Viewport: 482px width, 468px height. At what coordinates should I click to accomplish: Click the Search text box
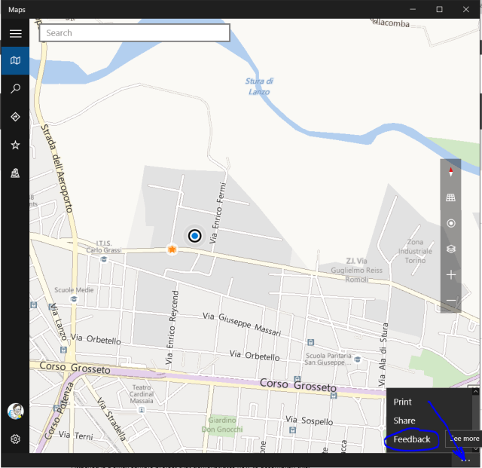tap(134, 33)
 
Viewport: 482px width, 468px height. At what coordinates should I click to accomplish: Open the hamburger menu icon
tap(15, 34)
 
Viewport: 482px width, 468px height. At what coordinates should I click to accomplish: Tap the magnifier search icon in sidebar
tap(15, 89)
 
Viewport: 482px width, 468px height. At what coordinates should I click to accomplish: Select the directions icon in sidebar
tap(15, 117)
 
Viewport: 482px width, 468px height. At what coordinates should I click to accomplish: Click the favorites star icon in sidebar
tap(15, 145)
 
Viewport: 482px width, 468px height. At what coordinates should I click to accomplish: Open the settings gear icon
tap(15, 439)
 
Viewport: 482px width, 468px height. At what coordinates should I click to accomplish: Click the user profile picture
tap(15, 411)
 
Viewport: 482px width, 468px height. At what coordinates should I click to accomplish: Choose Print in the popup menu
tap(403, 402)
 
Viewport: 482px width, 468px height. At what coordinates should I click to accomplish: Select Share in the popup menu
tap(404, 421)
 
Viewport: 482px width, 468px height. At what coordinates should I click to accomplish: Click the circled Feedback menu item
tap(412, 439)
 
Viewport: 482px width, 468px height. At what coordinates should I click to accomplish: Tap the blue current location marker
tap(195, 236)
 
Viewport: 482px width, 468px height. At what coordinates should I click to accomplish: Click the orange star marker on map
tap(172, 249)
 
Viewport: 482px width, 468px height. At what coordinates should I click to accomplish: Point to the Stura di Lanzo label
tap(259, 86)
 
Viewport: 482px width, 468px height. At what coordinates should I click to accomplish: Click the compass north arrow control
tap(451, 172)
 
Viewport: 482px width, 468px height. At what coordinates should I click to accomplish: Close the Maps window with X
tap(466, 9)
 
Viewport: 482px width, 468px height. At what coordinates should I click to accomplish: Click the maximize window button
tap(439, 9)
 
